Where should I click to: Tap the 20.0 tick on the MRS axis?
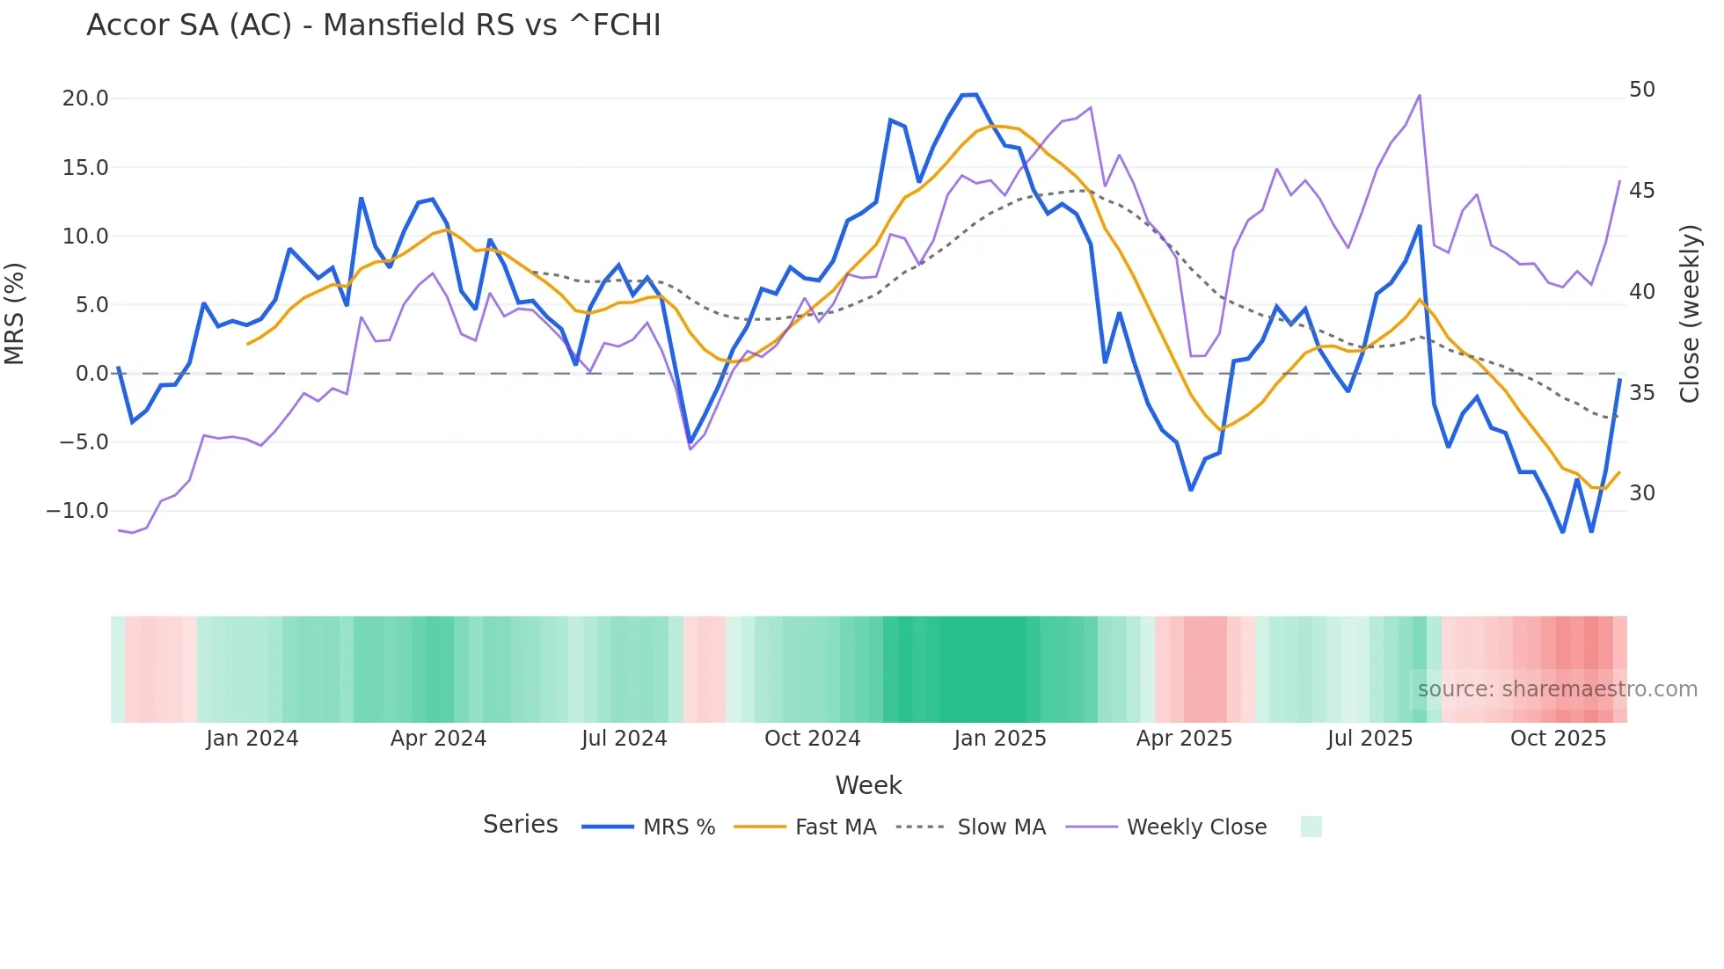(x=85, y=98)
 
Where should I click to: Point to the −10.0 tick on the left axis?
(x=77, y=511)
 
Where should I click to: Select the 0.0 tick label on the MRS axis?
(x=91, y=374)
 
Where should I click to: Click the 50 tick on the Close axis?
(x=1641, y=90)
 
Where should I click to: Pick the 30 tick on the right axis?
(x=1641, y=493)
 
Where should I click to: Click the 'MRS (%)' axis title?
(x=15, y=313)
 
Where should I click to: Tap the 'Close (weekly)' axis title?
(x=1689, y=314)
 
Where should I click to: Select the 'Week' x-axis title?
(x=868, y=785)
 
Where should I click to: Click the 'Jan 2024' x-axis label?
(x=252, y=739)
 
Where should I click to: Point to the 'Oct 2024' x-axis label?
(x=812, y=739)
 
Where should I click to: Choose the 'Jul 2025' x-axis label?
(x=1370, y=739)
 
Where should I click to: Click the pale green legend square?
(x=1311, y=827)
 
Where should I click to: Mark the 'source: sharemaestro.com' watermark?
(x=1557, y=689)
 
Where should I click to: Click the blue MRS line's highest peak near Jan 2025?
(x=969, y=95)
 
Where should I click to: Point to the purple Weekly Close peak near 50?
(x=1419, y=96)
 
